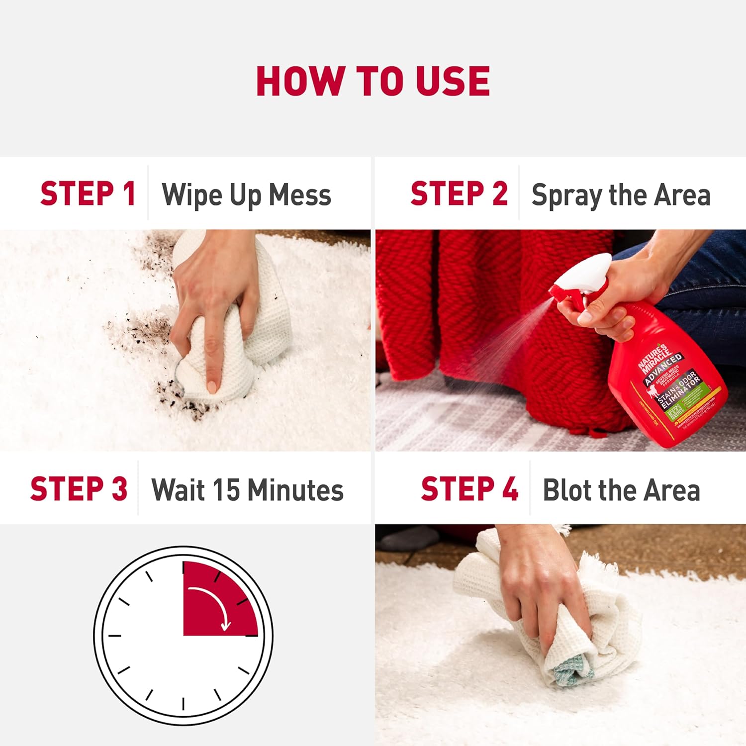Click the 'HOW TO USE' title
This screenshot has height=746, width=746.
[x=373, y=81]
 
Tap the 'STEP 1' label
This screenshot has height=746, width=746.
[x=88, y=193]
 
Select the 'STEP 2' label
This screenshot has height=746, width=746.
[x=459, y=193]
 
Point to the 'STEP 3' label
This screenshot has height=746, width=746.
[x=79, y=489]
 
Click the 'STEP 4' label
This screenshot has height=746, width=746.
[x=469, y=489]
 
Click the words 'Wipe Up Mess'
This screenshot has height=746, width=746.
[x=246, y=194]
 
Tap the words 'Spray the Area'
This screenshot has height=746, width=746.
[x=621, y=194]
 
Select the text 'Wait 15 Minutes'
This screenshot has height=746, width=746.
[x=247, y=490]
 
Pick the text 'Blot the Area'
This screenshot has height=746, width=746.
[x=621, y=490]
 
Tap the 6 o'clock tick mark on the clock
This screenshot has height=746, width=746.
[x=184, y=704]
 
